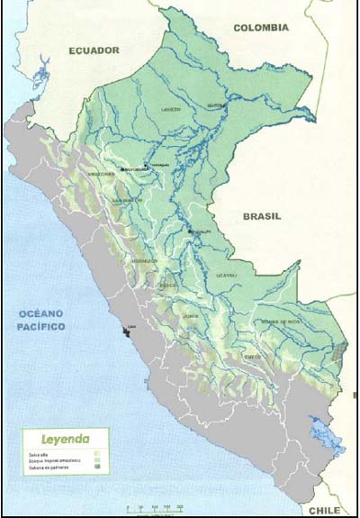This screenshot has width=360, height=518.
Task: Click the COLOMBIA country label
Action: point(261,28)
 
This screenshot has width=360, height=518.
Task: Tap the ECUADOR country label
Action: point(94,51)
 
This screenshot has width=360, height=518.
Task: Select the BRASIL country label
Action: point(261,216)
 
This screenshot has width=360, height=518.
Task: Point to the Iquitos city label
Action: point(216,105)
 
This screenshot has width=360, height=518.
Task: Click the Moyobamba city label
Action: point(135,168)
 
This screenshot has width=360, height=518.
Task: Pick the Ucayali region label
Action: point(226,275)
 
